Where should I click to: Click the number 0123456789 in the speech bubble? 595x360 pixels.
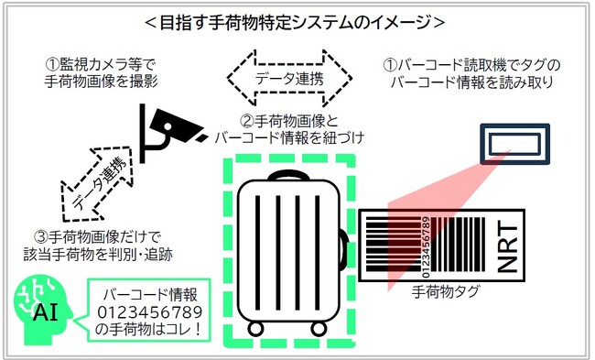[x=148, y=311]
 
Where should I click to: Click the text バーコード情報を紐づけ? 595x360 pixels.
[x=289, y=138]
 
